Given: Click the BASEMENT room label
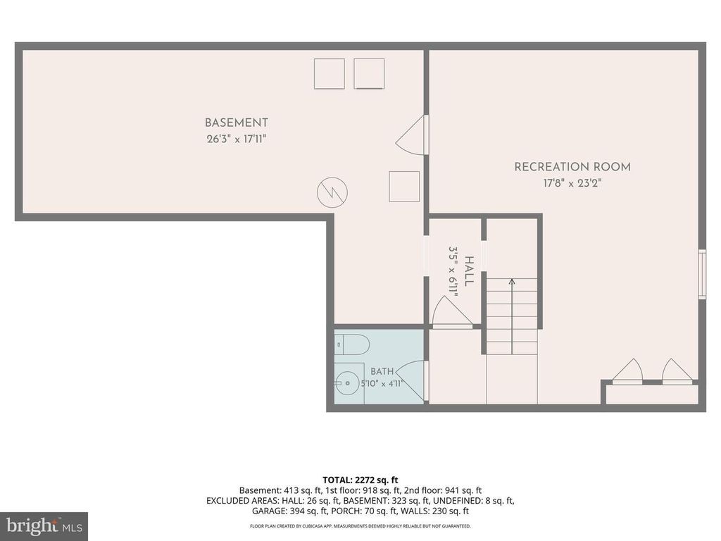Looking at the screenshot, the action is tap(236, 123).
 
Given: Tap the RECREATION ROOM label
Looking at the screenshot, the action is tap(572, 167).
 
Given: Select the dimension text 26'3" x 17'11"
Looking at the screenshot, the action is tap(237, 139).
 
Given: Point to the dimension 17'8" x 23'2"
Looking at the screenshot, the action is tap(572, 183).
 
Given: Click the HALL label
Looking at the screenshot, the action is tap(468, 271).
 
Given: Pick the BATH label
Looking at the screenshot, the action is tap(382, 371).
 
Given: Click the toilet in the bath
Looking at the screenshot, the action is tap(352, 344).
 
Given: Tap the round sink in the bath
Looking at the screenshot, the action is tap(347, 383).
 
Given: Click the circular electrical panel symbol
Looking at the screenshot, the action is tap(332, 192).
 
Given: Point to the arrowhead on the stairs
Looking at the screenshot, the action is tap(512, 281).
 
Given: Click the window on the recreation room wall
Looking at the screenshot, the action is tap(702, 274).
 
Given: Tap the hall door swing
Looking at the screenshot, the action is tap(453, 312).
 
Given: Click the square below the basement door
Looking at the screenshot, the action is tap(404, 186).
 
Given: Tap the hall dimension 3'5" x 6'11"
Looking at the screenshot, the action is tap(453, 271).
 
